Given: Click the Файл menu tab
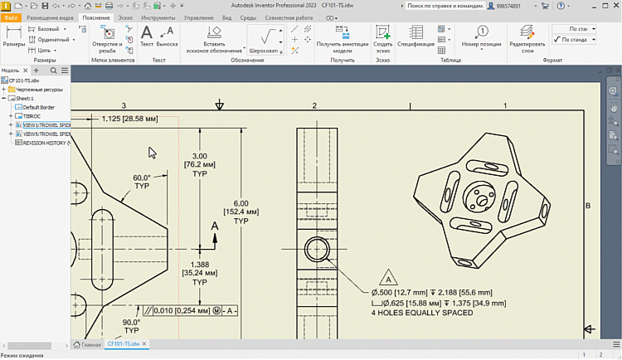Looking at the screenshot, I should click(x=11, y=17).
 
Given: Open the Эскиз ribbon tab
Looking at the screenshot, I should click(x=124, y=17).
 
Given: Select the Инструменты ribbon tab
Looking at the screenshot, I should click(x=158, y=17).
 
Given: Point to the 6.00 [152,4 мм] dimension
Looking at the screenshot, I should click(x=241, y=212).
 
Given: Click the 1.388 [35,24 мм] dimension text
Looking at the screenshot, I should click(x=200, y=272).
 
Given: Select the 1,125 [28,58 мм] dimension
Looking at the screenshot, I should click(x=129, y=119).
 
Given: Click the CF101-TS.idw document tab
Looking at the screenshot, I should click(x=124, y=343).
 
